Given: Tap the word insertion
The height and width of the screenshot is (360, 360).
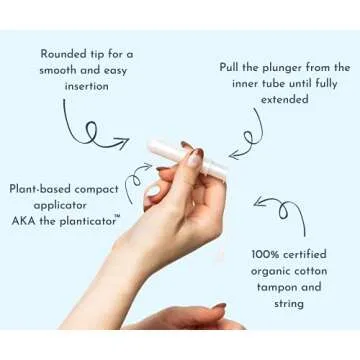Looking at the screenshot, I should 88,87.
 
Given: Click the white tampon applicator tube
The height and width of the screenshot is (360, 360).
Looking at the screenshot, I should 170,152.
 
